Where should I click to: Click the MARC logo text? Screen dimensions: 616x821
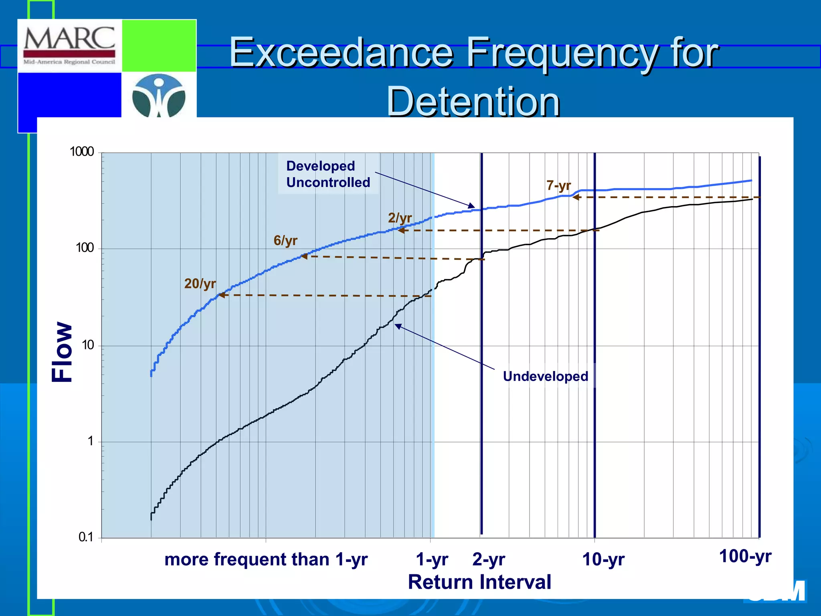tap(69, 38)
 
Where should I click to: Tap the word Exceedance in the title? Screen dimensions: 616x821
tap(341, 53)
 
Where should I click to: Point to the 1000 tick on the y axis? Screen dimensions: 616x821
tap(82, 152)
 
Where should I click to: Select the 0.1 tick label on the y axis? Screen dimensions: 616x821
tap(85, 537)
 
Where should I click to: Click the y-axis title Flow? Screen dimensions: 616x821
tap(62, 352)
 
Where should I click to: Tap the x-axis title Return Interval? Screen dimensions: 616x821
tap(479, 582)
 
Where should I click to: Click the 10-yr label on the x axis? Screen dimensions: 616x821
tap(603, 559)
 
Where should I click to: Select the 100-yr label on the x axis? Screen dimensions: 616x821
tap(745, 556)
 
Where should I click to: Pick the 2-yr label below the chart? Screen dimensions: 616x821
tap(488, 559)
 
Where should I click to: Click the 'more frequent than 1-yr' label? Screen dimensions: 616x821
tap(266, 559)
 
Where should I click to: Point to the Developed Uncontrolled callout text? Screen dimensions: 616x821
tap(328, 174)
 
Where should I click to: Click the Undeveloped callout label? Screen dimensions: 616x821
tap(545, 376)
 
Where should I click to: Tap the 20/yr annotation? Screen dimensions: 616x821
tap(200, 284)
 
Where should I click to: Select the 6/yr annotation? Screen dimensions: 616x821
tap(285, 240)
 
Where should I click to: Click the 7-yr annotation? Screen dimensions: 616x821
tap(558, 186)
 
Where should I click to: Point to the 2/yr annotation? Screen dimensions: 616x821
tap(400, 218)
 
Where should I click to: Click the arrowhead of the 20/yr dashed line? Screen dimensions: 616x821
tap(221, 295)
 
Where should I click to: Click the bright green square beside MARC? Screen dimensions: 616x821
tap(159, 45)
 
